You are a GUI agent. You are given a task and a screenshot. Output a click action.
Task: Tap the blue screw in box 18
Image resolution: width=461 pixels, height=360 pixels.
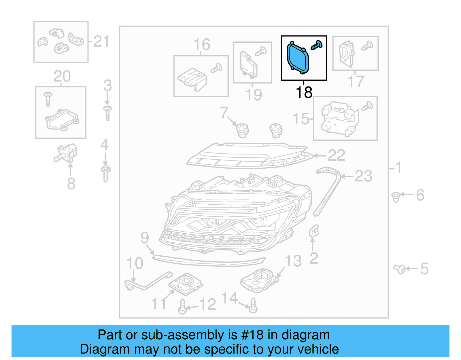pos(316,45)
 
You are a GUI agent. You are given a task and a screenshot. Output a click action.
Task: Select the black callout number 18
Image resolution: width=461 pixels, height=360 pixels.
pos(304,93)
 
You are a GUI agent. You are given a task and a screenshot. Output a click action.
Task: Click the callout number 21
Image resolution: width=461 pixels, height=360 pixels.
pos(101,42)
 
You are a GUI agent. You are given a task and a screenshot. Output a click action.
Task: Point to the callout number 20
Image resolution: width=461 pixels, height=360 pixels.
pos(62,76)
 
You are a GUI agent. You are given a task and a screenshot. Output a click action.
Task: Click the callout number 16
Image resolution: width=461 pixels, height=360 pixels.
pos(202,45)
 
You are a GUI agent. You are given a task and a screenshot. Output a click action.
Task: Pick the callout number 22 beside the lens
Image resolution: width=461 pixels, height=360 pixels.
pos(336,156)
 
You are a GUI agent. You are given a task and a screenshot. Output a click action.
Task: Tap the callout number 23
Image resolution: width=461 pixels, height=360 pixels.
pos(363,176)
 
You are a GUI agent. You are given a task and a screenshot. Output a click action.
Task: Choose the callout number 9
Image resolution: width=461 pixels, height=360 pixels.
pos(145,238)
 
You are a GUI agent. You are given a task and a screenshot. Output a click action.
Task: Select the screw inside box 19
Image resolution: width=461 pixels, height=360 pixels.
pos(260,51)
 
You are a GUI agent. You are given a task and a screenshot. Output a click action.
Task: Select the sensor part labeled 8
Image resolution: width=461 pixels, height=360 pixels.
pos(66,152)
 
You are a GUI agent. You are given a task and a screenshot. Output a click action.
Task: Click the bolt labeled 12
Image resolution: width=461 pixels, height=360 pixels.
pos(182,307)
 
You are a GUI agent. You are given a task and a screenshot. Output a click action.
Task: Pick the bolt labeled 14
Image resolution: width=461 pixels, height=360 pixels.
pos(253,306)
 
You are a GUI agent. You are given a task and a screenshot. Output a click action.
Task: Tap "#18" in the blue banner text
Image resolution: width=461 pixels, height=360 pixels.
pos(252,335)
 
